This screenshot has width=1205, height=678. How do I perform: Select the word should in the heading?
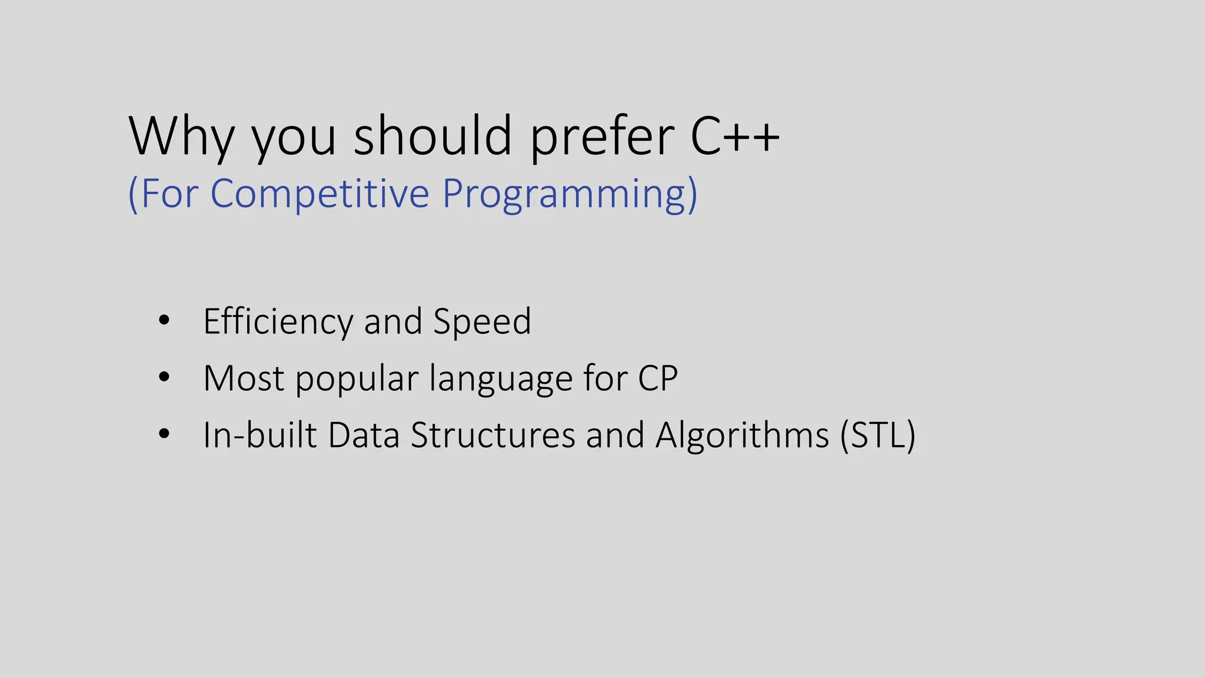pyautogui.click(x=432, y=137)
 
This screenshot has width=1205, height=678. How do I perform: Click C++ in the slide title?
pyautogui.click(x=735, y=137)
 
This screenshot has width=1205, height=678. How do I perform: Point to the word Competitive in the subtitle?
pyautogui.click(x=319, y=194)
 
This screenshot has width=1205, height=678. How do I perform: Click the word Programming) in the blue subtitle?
pyautogui.click(x=570, y=194)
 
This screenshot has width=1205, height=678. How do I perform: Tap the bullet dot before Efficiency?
pyautogui.click(x=164, y=321)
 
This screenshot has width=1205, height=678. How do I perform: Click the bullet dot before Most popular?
pyautogui.click(x=164, y=377)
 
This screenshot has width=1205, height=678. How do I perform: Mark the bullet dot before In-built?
pyautogui.click(x=164, y=434)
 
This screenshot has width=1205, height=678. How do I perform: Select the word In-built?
pyautogui.click(x=259, y=436)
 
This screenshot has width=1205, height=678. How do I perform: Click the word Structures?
pyautogui.click(x=492, y=436)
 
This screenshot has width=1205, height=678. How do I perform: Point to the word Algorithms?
pyautogui.click(x=742, y=436)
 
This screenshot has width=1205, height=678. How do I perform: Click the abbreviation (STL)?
pyautogui.click(x=878, y=436)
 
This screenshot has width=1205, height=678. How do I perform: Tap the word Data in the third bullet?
pyautogui.click(x=364, y=436)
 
